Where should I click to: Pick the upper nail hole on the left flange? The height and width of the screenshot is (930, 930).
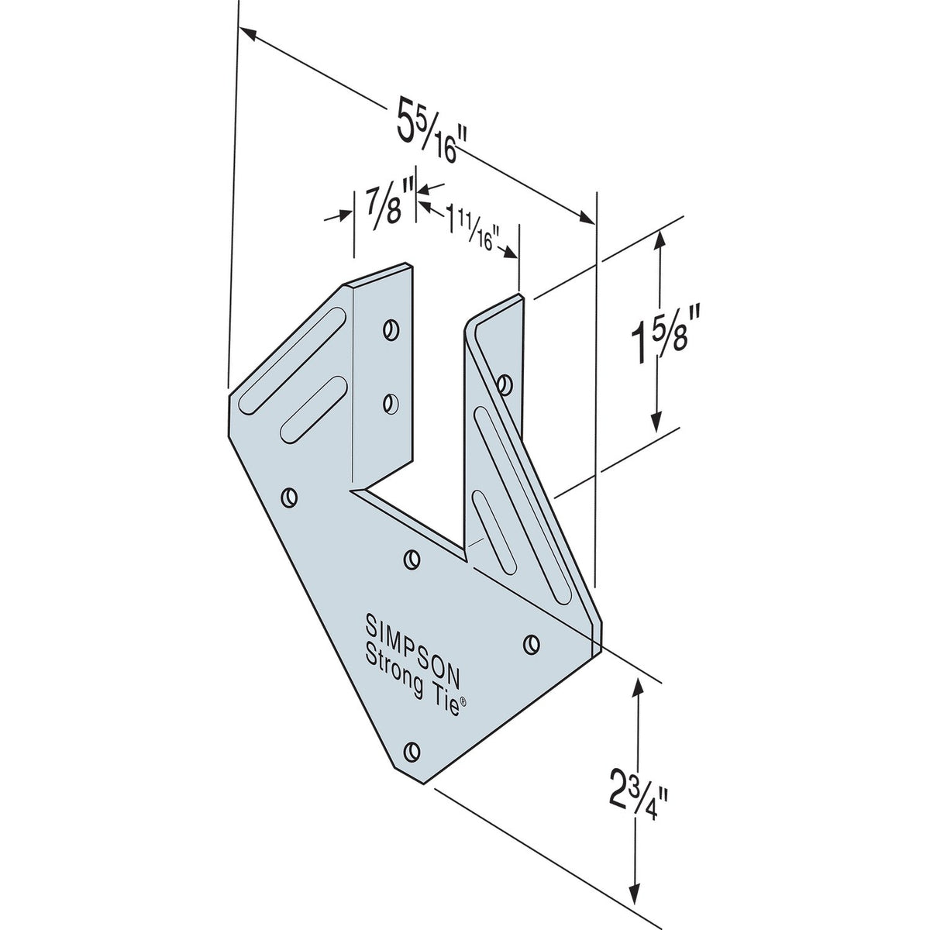(391, 329)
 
